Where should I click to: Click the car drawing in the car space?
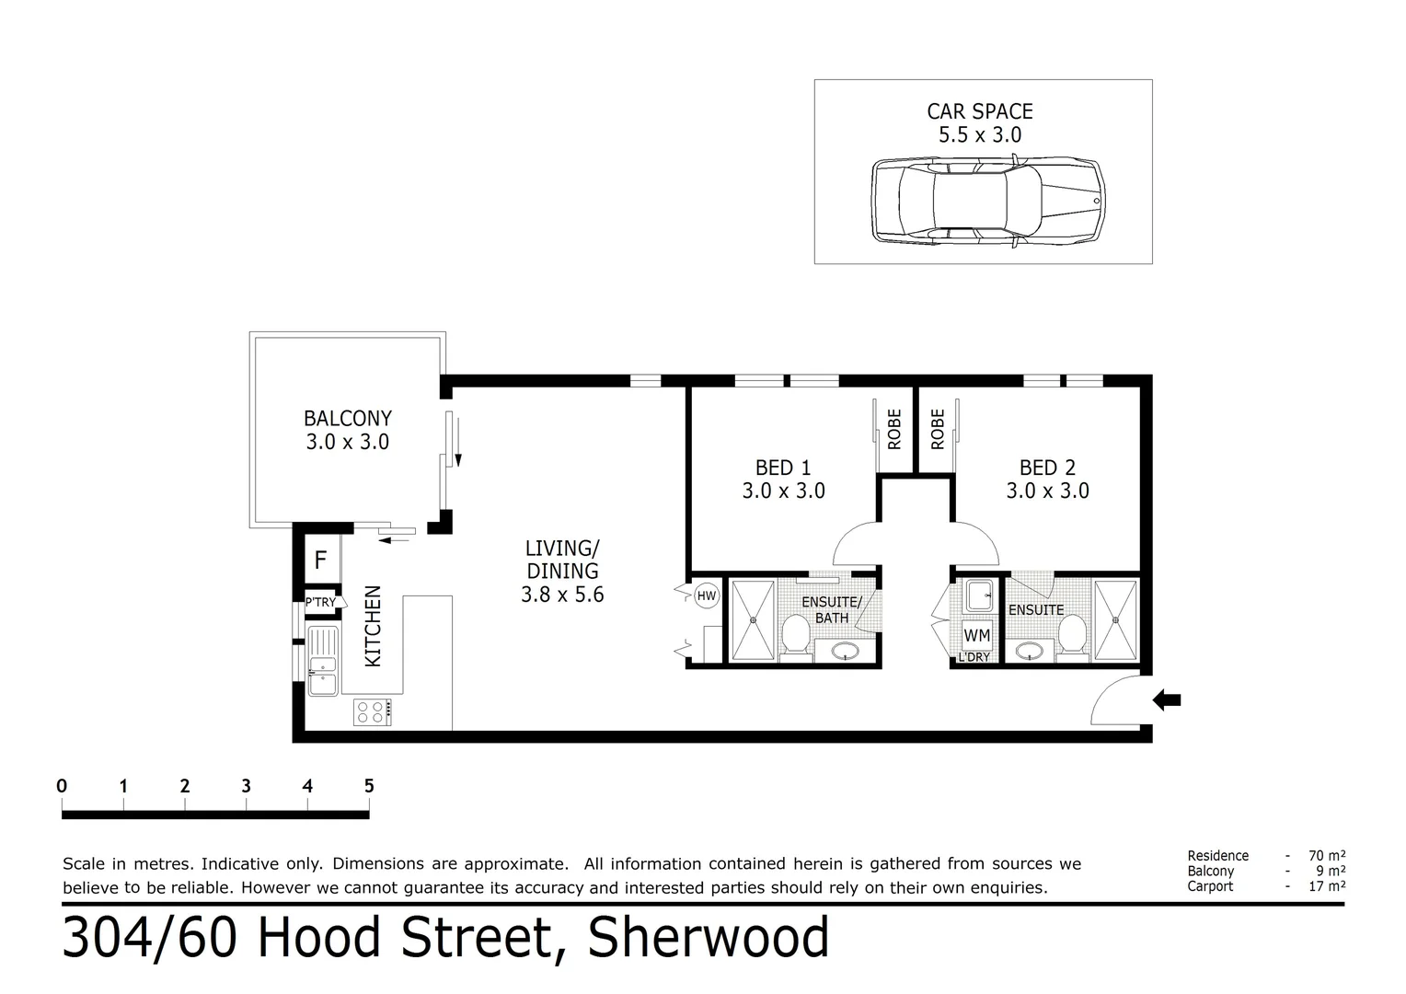(x=987, y=201)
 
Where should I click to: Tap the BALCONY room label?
(x=348, y=419)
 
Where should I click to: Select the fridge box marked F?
(x=320, y=560)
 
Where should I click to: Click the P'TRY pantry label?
(x=319, y=603)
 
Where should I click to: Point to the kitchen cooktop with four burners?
(x=373, y=711)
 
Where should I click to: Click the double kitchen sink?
(x=322, y=661)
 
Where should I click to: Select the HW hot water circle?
(x=706, y=596)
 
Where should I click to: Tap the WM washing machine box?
(x=976, y=635)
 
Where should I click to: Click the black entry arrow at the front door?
(x=1167, y=700)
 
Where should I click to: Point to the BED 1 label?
(x=783, y=468)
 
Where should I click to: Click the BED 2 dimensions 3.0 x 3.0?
(x=1047, y=491)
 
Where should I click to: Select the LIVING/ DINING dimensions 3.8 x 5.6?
(x=562, y=595)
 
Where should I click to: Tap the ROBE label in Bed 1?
(x=894, y=429)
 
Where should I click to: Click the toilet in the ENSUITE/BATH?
(x=795, y=632)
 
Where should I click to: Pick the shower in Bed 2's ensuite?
(x=1115, y=619)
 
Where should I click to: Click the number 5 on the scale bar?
(x=369, y=786)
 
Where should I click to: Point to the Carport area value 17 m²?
(x=1327, y=886)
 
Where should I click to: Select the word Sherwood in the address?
(x=709, y=938)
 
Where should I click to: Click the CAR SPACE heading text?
(x=979, y=111)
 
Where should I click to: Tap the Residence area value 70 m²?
(x=1327, y=855)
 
